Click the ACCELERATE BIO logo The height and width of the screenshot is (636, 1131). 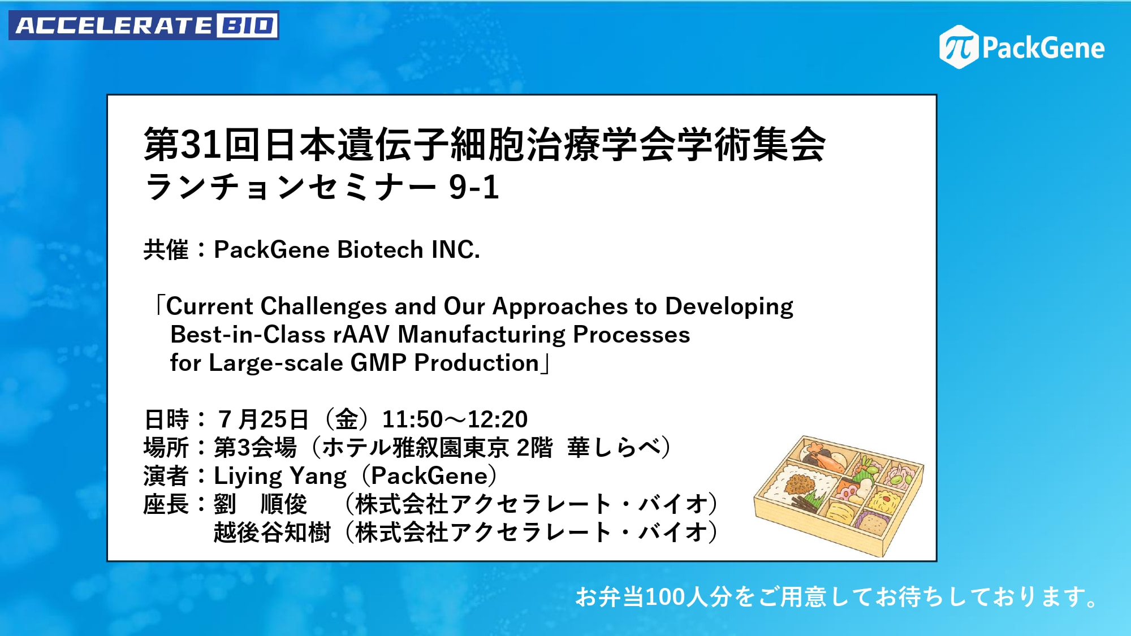pyautogui.click(x=144, y=25)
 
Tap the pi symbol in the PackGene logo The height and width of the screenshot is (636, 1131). pyautogui.click(x=959, y=47)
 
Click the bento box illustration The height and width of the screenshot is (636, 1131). pyautogui.click(x=839, y=495)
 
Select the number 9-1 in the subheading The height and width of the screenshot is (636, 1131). pyautogui.click(x=474, y=187)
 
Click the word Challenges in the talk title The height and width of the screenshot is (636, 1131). pyautogui.click(x=324, y=306)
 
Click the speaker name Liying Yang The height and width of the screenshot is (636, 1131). pyautogui.click(x=280, y=476)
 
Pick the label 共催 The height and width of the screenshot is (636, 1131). pyautogui.click(x=166, y=250)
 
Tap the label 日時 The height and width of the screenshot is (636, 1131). pyautogui.click(x=166, y=419)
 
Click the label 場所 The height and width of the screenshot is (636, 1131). pyautogui.click(x=166, y=448)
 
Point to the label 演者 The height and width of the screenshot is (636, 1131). pyautogui.click(x=166, y=476)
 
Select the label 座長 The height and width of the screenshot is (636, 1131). pyautogui.click(x=166, y=504)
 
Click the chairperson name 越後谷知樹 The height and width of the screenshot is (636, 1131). pyautogui.click(x=272, y=533)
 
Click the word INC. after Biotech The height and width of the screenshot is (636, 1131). pyautogui.click(x=456, y=250)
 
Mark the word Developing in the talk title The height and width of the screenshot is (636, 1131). pyautogui.click(x=729, y=306)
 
